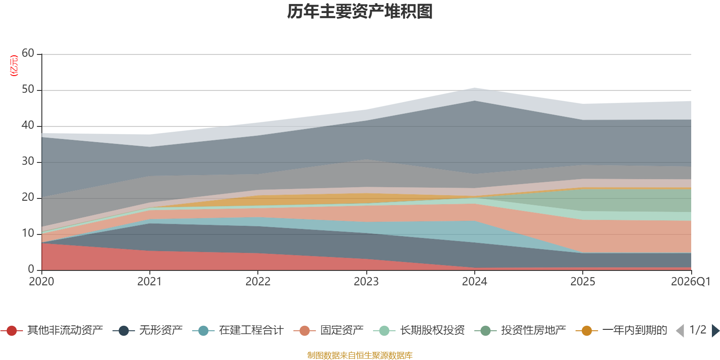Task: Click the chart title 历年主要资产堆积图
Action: pos(360,12)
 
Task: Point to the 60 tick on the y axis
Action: pos(28,53)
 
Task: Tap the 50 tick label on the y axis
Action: pos(28,89)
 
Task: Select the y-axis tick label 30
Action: pos(28,161)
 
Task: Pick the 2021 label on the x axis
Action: pos(149,282)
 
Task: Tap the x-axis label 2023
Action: pos(366,282)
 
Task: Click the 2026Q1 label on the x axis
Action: pos(691,282)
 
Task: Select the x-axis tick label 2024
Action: pos(474,282)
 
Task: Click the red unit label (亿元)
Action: pos(14,66)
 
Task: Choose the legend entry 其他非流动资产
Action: pos(51,330)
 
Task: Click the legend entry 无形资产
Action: pos(148,330)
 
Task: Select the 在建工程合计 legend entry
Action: pos(238,330)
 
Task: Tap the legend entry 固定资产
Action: pos(328,330)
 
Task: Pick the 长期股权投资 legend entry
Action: pos(419,330)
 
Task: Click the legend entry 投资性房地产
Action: pos(520,330)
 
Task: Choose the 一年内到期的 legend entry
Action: pos(621,330)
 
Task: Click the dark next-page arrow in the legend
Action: pos(715,330)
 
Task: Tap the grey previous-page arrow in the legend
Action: pos(680,330)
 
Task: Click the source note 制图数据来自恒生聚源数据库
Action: pos(360,355)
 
